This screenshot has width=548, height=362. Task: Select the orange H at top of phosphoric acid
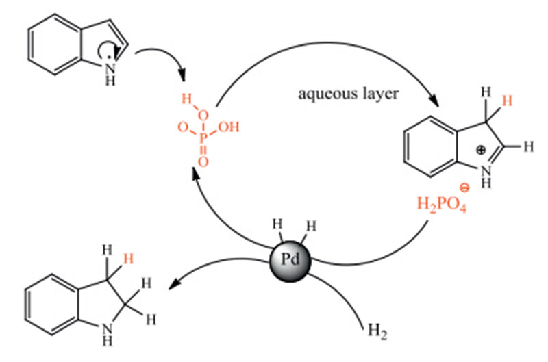184,99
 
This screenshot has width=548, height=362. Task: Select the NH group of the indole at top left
111,73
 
